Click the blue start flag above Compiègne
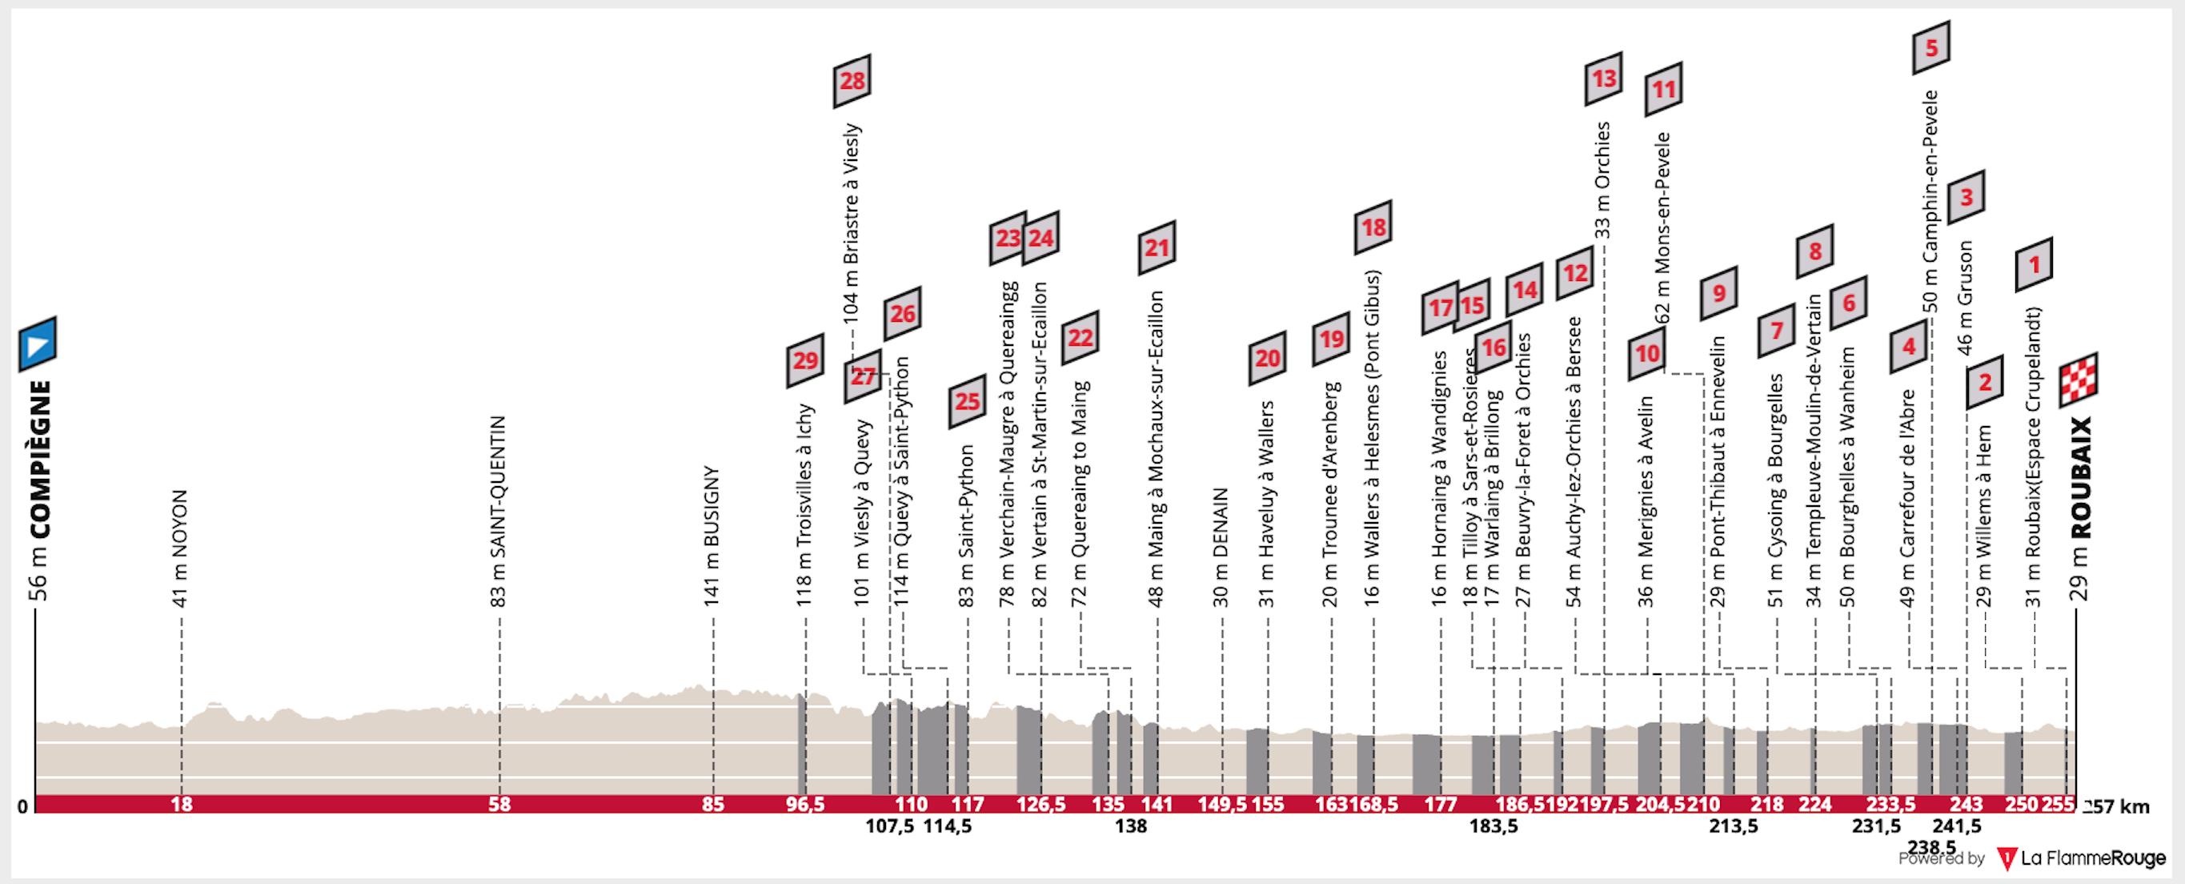38,344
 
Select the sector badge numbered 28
852,81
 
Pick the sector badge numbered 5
1930,47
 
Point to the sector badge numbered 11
1663,89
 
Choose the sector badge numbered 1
2033,266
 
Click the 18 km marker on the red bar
182,804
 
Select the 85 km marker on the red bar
713,804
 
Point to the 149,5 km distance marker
1222,804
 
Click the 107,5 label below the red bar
889,826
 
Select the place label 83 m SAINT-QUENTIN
499,512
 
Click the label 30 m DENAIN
1221,547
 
